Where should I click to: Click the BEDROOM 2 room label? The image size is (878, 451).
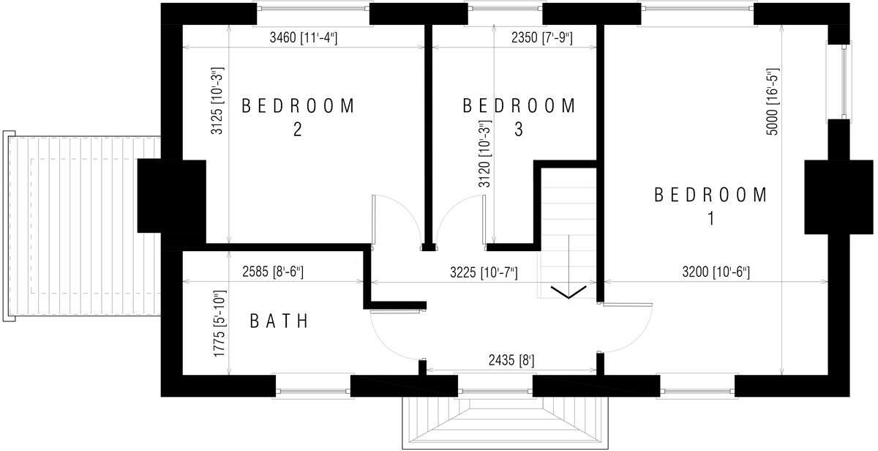pos(298,116)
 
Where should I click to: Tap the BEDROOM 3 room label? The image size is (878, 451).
pos(519,116)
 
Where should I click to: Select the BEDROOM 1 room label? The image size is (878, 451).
pos(710,206)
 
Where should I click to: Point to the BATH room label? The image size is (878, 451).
pos(279,321)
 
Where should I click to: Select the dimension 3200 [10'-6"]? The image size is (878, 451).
pos(715,272)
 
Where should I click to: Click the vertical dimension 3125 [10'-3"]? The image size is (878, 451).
pos(217,101)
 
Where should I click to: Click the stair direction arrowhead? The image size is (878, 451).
pos(569,293)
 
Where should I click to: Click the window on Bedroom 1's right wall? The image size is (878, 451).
pos(845,81)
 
